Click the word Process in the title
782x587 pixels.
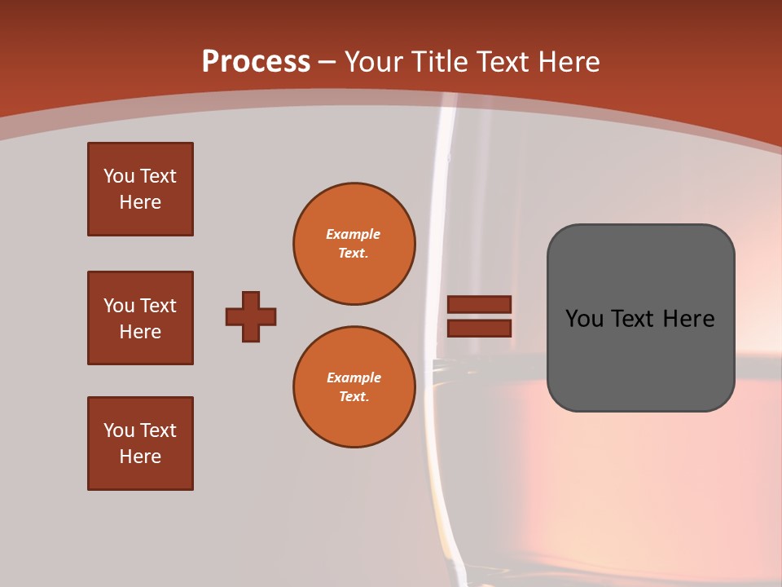pyautogui.click(x=256, y=62)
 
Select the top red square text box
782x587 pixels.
pyautogui.click(x=140, y=189)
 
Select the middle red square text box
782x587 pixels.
pyautogui.click(x=140, y=318)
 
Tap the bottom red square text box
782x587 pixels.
pyautogui.click(x=140, y=444)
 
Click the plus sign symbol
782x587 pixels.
pyautogui.click(x=251, y=316)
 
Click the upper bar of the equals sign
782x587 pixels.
pyautogui.click(x=479, y=305)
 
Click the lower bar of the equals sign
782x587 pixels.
pyautogui.click(x=479, y=328)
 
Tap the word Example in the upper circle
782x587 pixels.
pyautogui.click(x=354, y=234)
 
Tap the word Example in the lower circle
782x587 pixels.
pyautogui.click(x=354, y=377)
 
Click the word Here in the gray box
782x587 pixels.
pyautogui.click(x=688, y=319)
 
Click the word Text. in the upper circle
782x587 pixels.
pyautogui.click(x=354, y=254)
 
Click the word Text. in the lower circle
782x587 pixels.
pyautogui.click(x=354, y=397)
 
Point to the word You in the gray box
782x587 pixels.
pyautogui.click(x=585, y=319)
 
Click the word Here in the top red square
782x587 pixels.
pyautogui.click(x=140, y=202)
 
